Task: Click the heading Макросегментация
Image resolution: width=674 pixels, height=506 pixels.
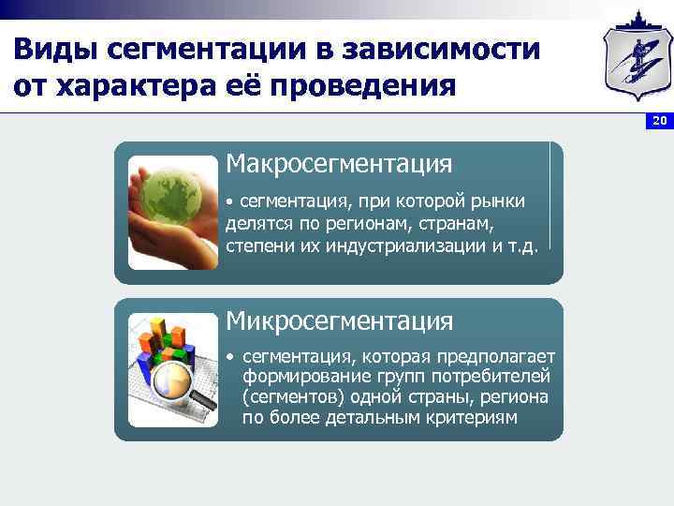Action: [339, 165]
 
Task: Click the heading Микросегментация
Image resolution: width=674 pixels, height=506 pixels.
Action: [339, 321]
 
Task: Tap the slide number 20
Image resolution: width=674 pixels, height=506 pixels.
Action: [659, 122]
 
